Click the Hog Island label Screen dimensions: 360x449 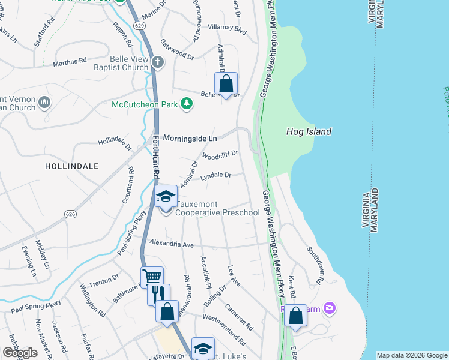coord(309,131)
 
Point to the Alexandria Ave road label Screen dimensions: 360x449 coord(172,245)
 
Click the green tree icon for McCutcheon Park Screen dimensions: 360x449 coord(187,104)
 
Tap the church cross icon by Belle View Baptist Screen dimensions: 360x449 coord(157,62)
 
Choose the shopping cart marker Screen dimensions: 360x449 coord(153,277)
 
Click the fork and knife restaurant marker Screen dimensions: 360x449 coord(158,294)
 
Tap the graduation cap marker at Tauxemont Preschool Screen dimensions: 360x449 coord(166,196)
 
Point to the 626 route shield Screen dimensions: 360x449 coord(70,214)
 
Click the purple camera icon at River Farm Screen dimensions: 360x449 coord(328,308)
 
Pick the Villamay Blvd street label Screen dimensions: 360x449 coord(227,29)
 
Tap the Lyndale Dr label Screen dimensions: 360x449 coord(215,176)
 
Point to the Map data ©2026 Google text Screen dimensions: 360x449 coord(411,355)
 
